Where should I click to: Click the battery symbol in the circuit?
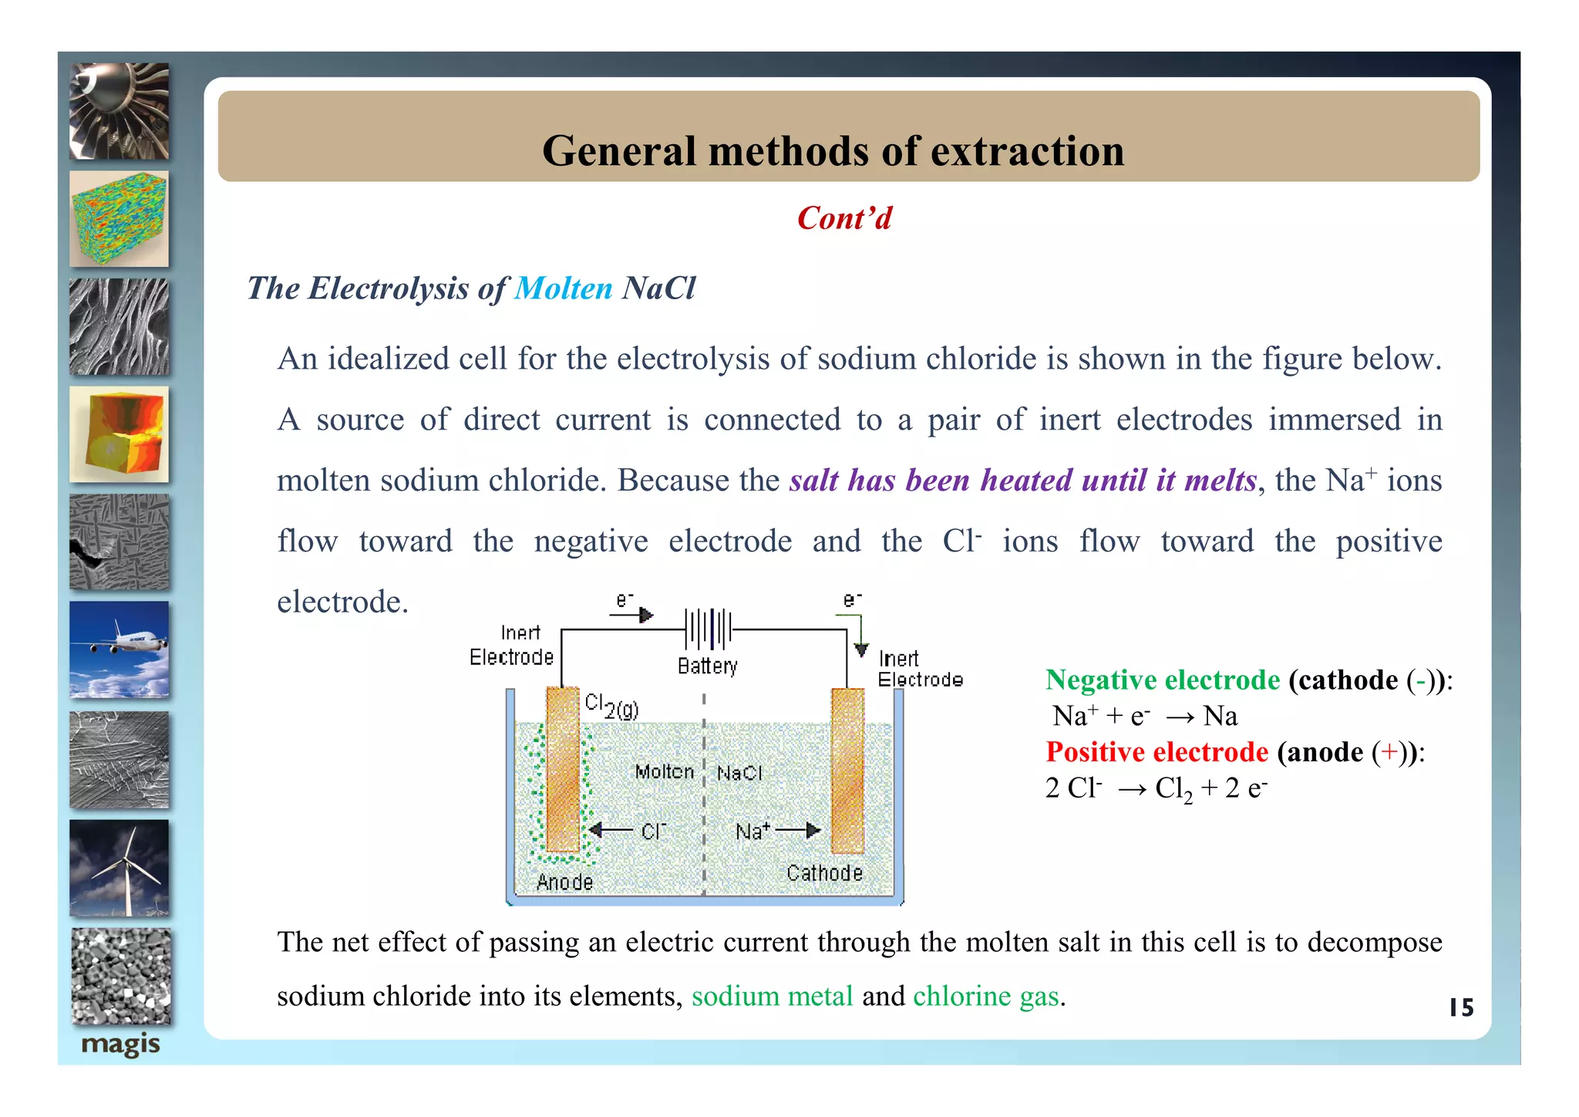709,629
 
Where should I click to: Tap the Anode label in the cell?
564,882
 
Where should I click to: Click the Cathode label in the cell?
824,872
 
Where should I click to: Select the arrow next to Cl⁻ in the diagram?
611,830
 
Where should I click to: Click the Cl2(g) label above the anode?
611,706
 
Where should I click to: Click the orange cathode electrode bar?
847,769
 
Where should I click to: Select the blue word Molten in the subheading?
563,289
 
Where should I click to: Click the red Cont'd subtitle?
844,218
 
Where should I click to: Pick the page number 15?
1460,1007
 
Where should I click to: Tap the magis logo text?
120,1044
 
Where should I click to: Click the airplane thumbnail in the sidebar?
120,650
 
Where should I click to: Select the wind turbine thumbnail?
120,868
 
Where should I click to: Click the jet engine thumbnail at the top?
120,111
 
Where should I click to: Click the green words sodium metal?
772,996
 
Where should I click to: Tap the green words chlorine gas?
985,996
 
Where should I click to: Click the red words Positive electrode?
1156,751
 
